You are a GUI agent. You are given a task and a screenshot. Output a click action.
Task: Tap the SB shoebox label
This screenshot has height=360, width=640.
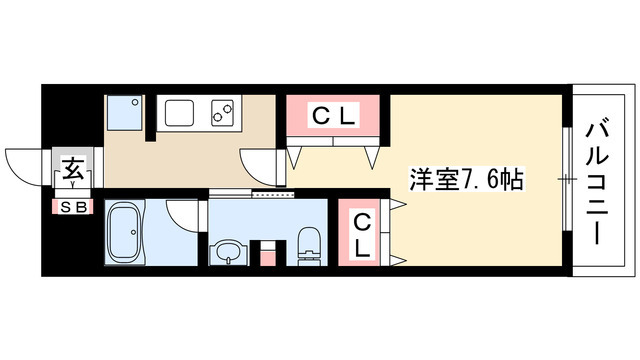coord(73,208)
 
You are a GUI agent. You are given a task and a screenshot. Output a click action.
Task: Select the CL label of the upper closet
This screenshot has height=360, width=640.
coord(333,117)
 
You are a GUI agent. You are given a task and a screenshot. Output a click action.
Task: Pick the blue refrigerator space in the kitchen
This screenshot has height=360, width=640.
coord(124,113)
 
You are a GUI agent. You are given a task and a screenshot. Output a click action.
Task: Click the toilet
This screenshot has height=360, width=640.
coord(309,246)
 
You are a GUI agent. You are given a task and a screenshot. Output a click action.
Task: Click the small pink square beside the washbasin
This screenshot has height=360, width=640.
coord(267,258)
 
